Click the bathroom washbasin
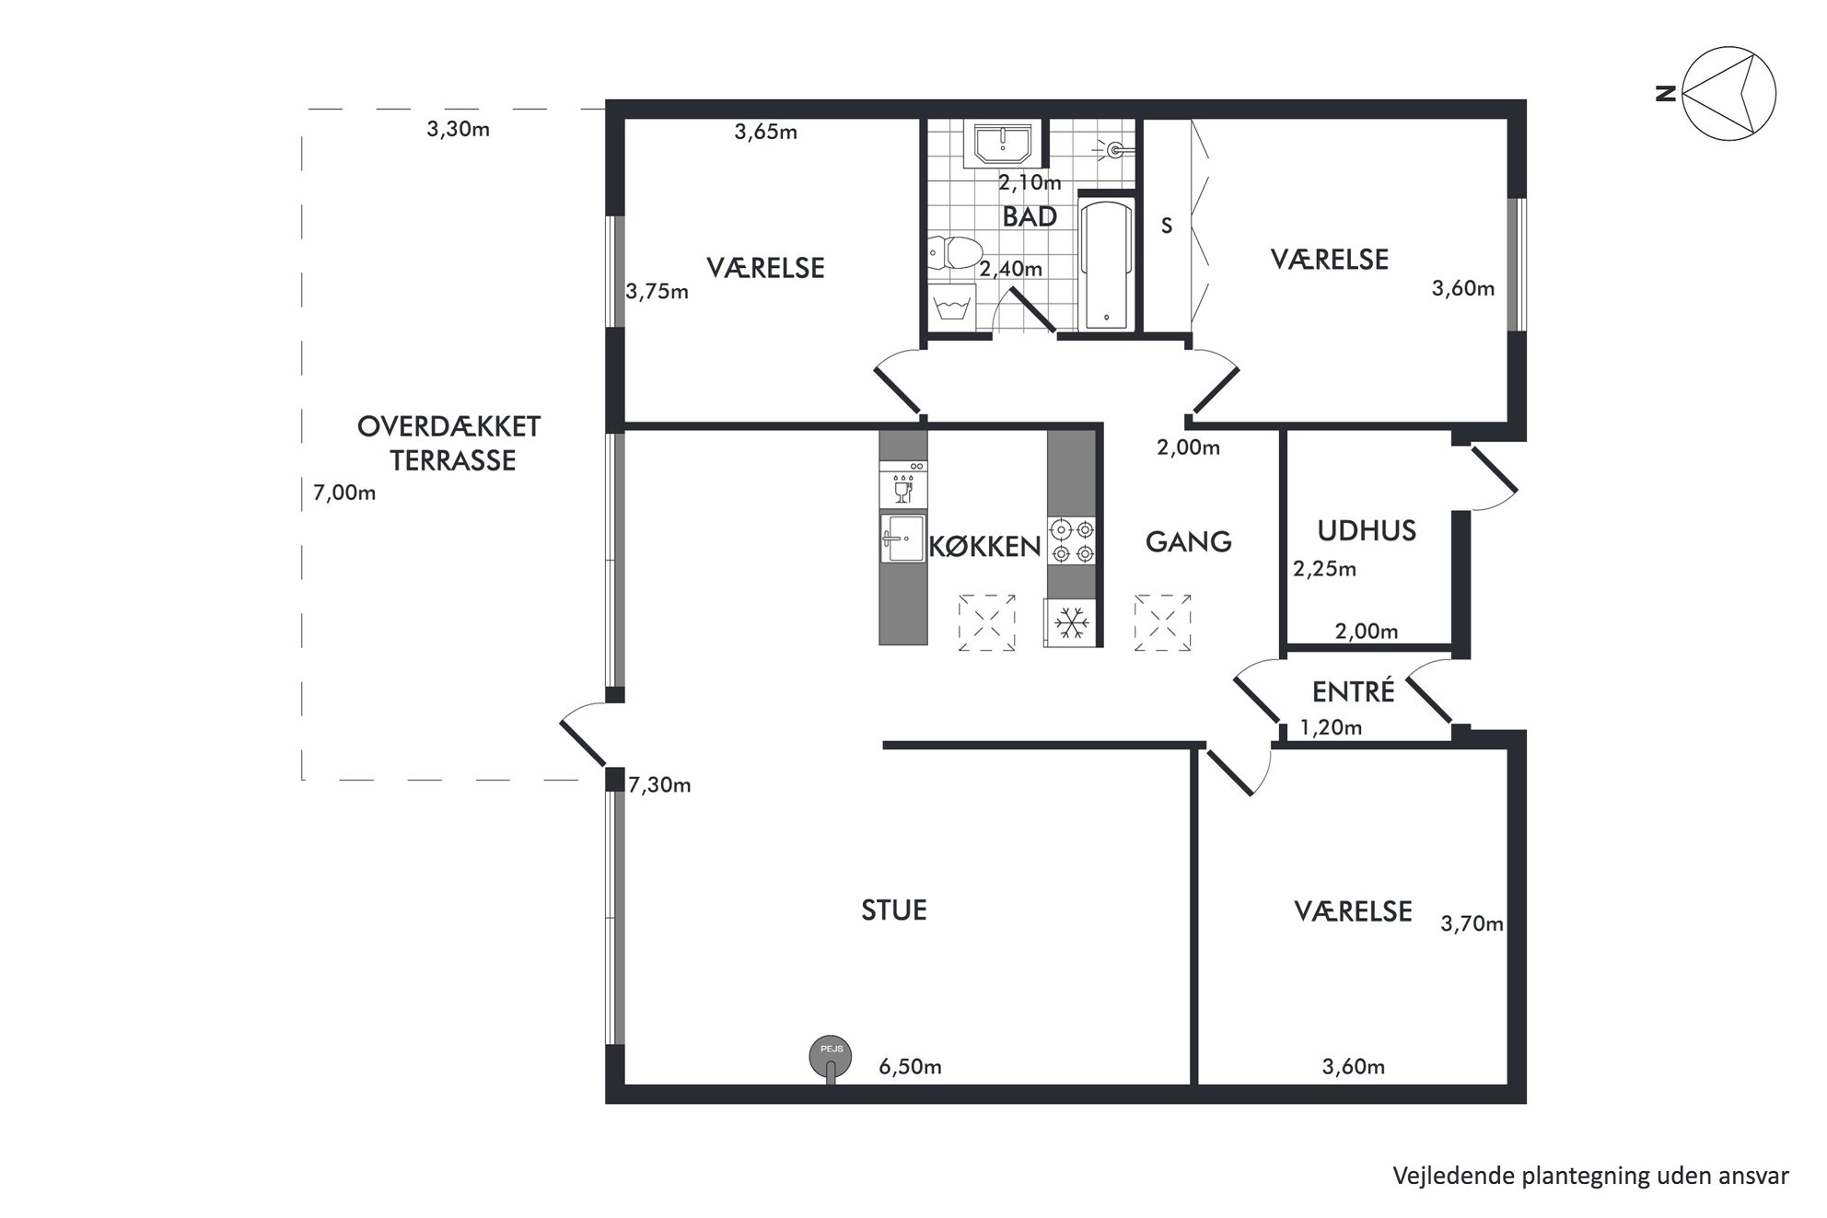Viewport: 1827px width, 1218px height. coord(1002,144)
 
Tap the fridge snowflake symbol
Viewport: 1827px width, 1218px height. coord(1070,623)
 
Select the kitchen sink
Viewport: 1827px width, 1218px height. coord(903,538)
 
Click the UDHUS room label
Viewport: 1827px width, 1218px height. coord(1367,531)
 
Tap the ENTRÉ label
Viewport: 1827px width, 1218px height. coord(1354,690)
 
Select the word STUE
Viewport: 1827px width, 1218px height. coord(894,911)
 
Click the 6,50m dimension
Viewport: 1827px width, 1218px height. coord(910,1067)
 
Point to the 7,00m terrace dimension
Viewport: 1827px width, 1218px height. coord(344,493)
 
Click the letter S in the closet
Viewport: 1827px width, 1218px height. coord(1167,226)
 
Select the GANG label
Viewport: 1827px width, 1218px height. coord(1189,541)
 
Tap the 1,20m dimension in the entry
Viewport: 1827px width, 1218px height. coord(1331,728)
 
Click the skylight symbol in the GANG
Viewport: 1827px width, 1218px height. coord(1162,623)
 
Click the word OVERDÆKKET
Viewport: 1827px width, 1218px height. coord(449,427)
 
